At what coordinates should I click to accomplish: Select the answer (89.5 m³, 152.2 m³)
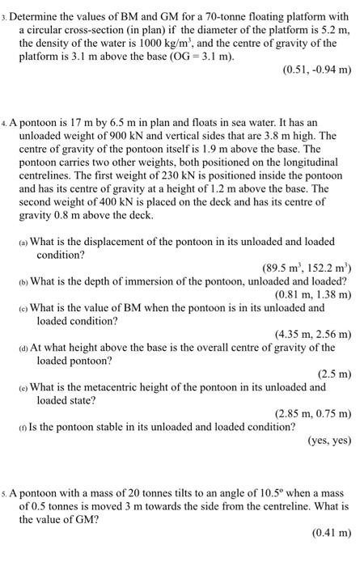(307, 268)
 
